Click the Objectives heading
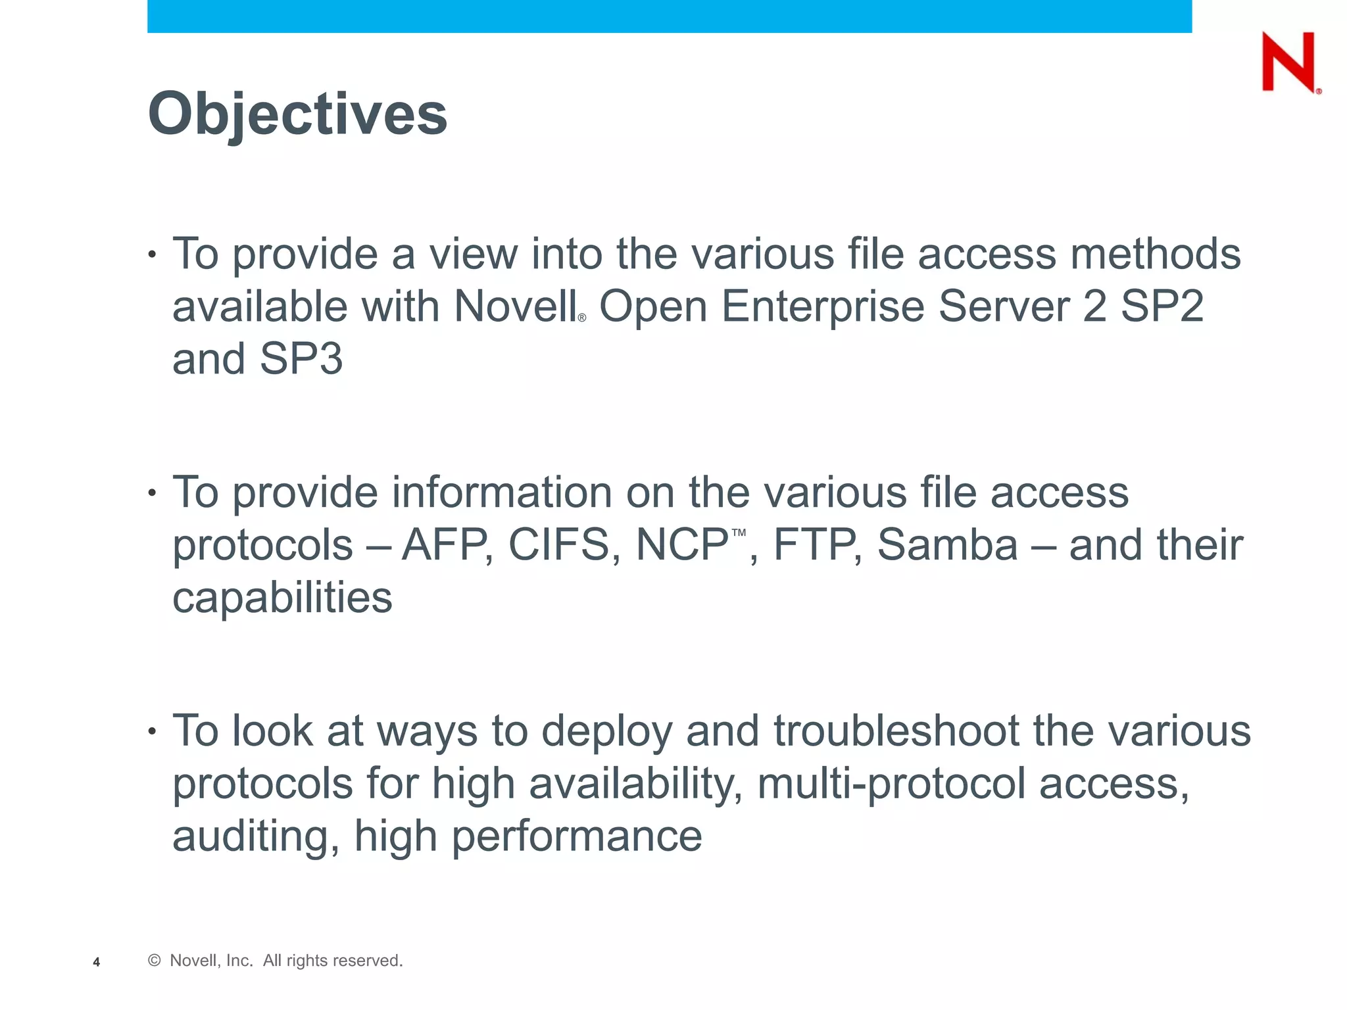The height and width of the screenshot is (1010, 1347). click(297, 114)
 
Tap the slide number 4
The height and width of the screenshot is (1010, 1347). click(97, 962)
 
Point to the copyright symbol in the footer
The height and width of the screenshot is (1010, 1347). click(155, 961)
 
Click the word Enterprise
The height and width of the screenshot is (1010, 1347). click(823, 306)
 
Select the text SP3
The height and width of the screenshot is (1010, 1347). click(301, 359)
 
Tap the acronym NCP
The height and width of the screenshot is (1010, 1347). click(681, 545)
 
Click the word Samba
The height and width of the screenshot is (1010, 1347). click(947, 545)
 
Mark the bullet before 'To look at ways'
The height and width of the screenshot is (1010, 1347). click(153, 731)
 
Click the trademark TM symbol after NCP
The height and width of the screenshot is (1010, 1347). click(739, 533)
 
